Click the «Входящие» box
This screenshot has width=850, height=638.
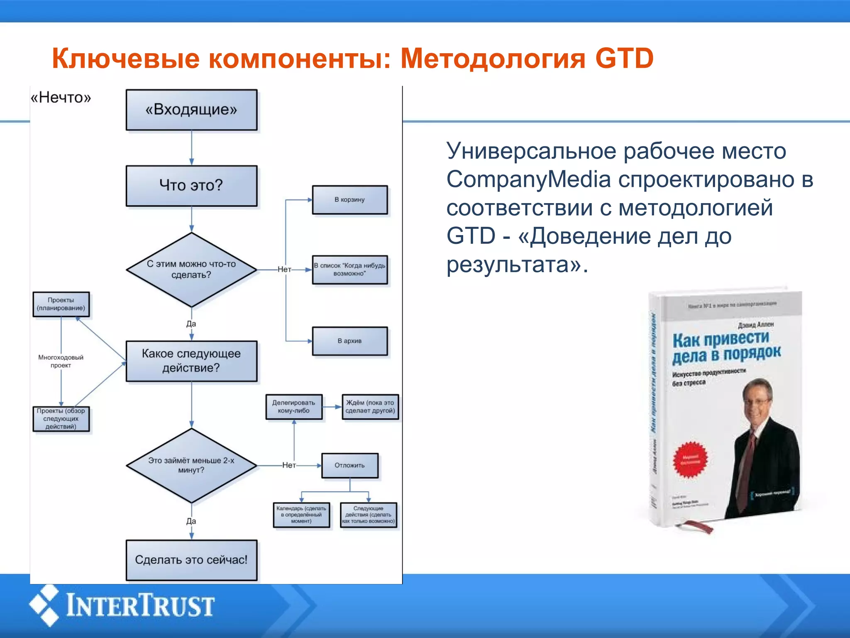[191, 110]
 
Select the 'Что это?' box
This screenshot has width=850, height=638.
[191, 186]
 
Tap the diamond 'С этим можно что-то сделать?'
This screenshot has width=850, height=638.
[191, 270]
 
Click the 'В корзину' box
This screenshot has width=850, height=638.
[349, 200]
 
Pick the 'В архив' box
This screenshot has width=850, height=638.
[349, 341]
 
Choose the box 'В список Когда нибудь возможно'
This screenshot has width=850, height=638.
[349, 270]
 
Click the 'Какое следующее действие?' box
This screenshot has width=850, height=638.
[191, 361]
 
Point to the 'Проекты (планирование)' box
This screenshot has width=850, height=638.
[61, 304]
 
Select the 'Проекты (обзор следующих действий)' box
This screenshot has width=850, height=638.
[61, 419]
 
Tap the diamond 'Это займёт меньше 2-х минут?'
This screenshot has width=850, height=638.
[191, 465]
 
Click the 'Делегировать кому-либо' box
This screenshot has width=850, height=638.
[294, 407]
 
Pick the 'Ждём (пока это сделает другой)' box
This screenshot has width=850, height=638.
[370, 407]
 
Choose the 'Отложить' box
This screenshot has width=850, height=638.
[349, 466]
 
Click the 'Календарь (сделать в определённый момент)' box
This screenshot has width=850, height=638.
[301, 515]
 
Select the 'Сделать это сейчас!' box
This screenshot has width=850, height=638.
[191, 560]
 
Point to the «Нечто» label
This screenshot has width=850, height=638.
[61, 98]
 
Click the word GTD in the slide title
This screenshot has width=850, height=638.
[624, 58]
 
